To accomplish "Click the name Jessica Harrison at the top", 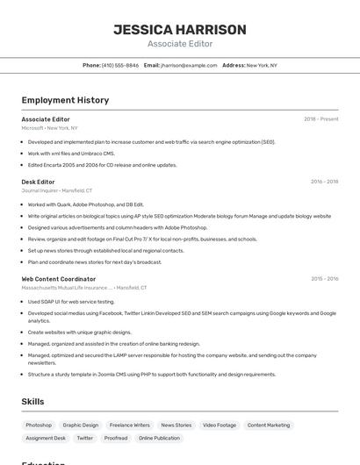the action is point(180,29).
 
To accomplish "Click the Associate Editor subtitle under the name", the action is point(180,44).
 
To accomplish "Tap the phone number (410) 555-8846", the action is point(120,65).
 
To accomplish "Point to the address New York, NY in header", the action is point(262,65).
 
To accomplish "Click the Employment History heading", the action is point(65,100).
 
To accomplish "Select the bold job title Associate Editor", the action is point(46,119).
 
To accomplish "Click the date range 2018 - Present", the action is point(320,119).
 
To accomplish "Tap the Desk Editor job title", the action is point(38,182).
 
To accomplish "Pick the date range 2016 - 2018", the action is point(324,182).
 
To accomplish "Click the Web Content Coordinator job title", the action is point(59,279).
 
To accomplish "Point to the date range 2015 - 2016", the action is point(324,279).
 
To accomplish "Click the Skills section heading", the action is point(33,402).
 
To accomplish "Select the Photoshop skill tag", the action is point(39,425).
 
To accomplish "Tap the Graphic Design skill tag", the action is point(81,425).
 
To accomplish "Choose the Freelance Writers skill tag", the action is point(129,425).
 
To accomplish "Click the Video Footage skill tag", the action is point(220,425).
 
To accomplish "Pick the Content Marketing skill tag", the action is point(269,425).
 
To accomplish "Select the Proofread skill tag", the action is point(116,438).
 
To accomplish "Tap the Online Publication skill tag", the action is point(159,438).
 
